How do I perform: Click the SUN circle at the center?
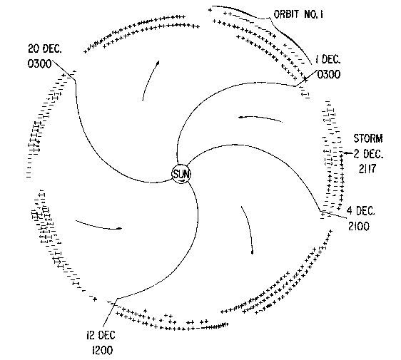(181, 174)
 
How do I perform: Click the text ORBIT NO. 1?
(298, 14)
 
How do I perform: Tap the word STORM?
(368, 138)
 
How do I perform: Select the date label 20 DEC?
(45, 48)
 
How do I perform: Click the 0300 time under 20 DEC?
(40, 63)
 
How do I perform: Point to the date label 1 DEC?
(328, 60)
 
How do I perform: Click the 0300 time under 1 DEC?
(329, 75)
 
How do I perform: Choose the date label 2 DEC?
(368, 154)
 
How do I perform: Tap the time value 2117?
(367, 169)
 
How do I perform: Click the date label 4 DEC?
(360, 211)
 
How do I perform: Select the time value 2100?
(359, 227)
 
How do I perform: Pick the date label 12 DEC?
(101, 335)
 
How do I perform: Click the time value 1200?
(102, 350)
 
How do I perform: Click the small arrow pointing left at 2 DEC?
(348, 153)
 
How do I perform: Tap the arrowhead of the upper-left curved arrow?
(158, 63)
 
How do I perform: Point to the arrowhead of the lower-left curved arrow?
(119, 228)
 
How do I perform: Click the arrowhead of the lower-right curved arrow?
(253, 252)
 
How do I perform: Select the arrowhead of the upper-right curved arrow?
(241, 118)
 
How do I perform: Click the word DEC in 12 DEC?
(106, 335)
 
